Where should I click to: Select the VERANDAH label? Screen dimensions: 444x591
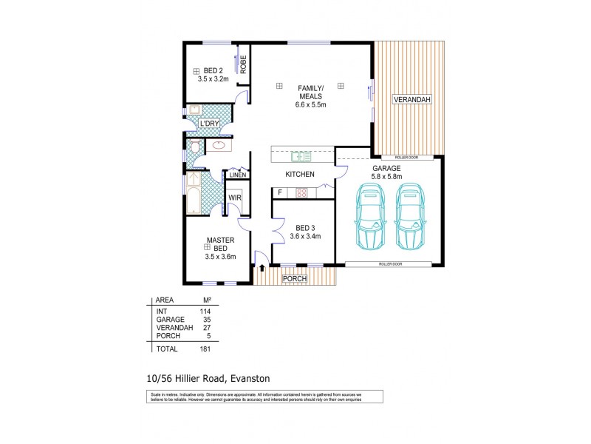(411, 99)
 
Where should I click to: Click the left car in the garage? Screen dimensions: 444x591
(370, 216)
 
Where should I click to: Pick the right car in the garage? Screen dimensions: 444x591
(411, 216)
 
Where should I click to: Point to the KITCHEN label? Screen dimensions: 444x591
(301, 175)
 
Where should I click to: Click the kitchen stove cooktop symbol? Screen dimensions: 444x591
(301, 193)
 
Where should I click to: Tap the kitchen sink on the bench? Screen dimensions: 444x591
(301, 156)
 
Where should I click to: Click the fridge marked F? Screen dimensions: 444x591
(279, 193)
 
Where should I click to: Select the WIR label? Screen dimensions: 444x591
(235, 198)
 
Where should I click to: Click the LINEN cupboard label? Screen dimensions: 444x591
(237, 175)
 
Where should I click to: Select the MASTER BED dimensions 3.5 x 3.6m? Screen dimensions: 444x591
(219, 257)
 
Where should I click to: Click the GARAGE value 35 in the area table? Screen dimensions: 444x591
(207, 318)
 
